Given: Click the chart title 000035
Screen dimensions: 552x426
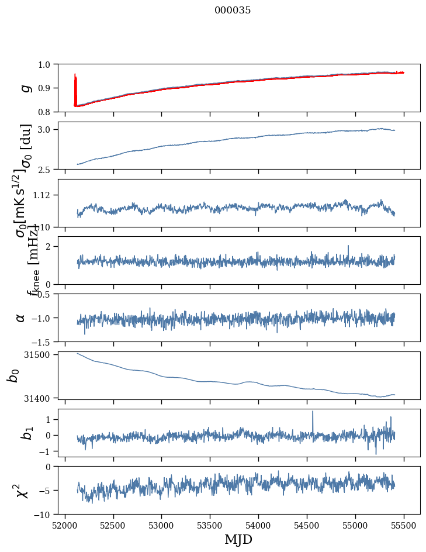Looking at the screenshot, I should (x=233, y=10).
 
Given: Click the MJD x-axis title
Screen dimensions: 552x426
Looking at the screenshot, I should (x=238, y=540).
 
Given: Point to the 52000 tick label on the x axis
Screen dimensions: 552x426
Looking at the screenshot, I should (x=65, y=525).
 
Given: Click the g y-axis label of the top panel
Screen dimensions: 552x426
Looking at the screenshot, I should (x=25, y=88).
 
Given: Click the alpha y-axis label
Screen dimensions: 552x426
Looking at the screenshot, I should (x=21, y=318).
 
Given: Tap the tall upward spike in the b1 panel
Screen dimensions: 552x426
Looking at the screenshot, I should (x=313, y=413).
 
